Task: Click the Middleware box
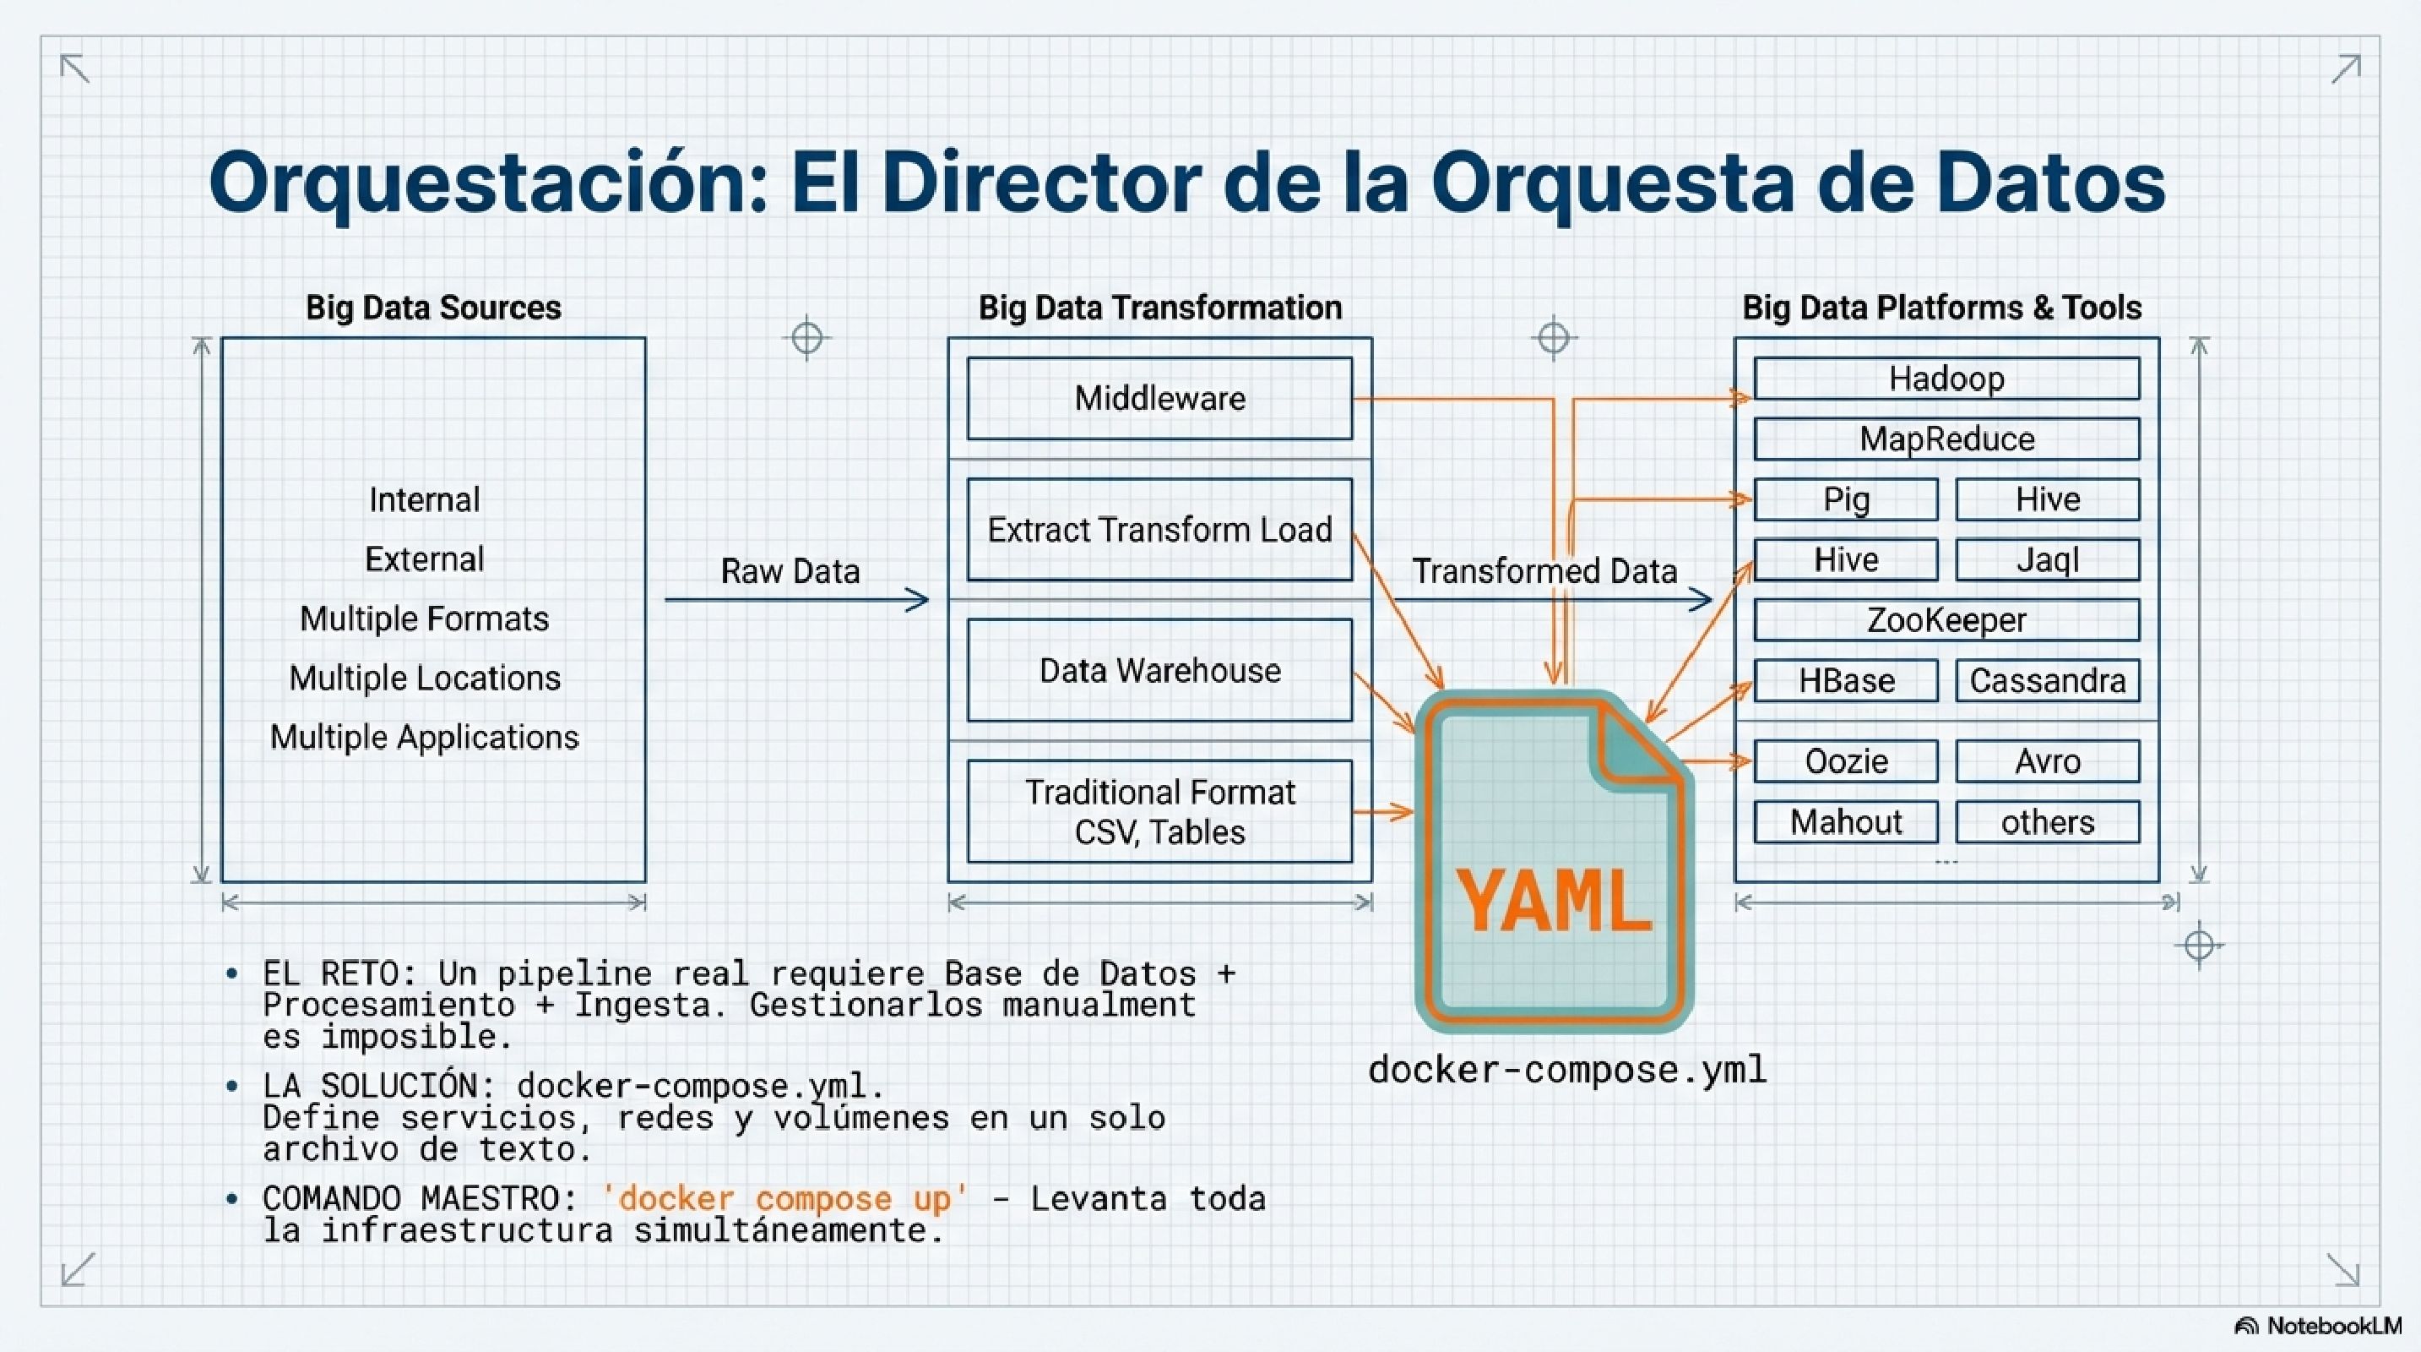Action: point(1159,399)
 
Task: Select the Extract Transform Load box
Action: point(1159,529)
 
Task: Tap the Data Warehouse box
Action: point(1159,670)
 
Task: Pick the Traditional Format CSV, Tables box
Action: point(1159,811)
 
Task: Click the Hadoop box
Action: point(1946,379)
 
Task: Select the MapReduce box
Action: point(1946,439)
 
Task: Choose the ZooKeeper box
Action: point(1946,620)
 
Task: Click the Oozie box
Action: point(1845,760)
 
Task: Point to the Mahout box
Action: point(1845,821)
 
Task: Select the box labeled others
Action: point(2047,821)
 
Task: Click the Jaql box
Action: point(2047,560)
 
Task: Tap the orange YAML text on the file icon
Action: point(1553,902)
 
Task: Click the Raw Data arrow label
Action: point(790,570)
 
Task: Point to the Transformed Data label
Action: point(1544,570)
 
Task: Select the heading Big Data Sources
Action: point(433,308)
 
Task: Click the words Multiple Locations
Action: point(424,678)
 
